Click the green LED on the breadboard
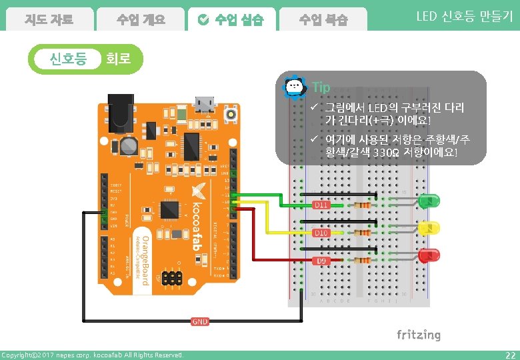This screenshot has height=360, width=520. [x=430, y=200]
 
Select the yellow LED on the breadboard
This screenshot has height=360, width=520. [x=430, y=228]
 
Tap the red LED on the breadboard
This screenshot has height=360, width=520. [x=430, y=255]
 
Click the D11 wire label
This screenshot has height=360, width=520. [x=321, y=205]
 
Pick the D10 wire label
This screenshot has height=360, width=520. [x=321, y=233]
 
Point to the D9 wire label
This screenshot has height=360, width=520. [x=321, y=260]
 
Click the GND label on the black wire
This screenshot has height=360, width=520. [x=200, y=321]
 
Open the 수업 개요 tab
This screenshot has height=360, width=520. [x=140, y=20]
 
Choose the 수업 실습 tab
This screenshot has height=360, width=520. [x=231, y=20]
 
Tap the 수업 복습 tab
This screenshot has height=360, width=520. [x=323, y=20]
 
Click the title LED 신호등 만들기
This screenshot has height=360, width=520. [x=464, y=17]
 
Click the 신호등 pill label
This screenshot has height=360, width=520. [x=69, y=59]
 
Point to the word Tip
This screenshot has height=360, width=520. [x=321, y=87]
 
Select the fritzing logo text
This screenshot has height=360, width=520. [x=418, y=335]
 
